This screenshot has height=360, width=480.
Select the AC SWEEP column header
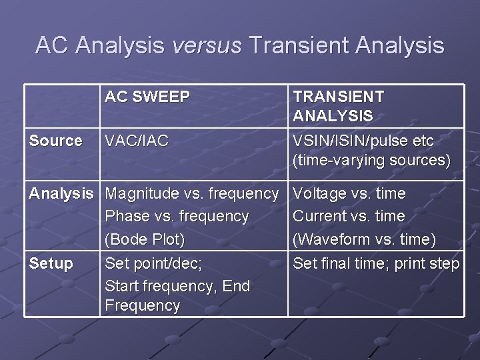[147, 97]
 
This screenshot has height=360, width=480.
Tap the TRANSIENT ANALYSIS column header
[339, 106]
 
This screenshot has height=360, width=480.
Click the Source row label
[55, 141]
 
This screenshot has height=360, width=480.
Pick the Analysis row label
[61, 194]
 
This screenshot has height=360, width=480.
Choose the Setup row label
[51, 263]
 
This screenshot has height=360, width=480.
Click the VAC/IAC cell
[137, 141]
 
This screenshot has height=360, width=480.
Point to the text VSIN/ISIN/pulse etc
[363, 141]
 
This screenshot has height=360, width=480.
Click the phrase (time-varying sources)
[371, 161]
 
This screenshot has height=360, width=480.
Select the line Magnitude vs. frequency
[192, 194]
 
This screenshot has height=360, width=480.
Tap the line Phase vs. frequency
[177, 217]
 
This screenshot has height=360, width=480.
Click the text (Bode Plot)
[145, 239]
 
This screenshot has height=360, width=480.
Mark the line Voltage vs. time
[349, 194]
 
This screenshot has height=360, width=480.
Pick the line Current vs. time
[349, 217]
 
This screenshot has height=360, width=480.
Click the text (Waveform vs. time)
[365, 239]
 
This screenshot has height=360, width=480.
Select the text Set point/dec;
[153, 263]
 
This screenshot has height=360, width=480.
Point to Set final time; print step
[376, 263]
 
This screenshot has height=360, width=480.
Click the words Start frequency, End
[177, 286]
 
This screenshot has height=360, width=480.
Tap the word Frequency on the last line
[143, 305]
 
